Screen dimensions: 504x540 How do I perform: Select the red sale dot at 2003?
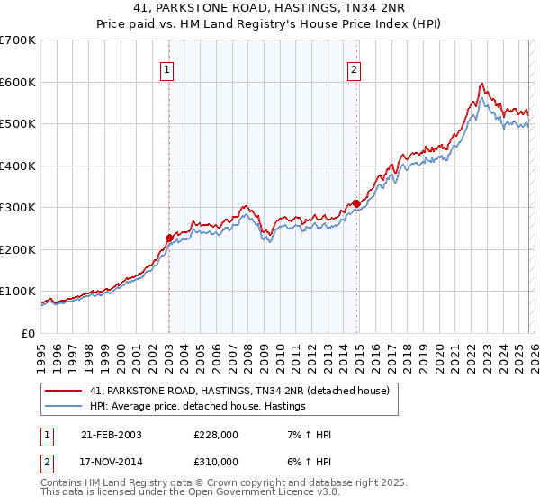tap(169, 238)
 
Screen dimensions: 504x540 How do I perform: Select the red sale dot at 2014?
tap(356, 203)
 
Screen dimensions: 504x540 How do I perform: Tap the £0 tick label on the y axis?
tap(29, 333)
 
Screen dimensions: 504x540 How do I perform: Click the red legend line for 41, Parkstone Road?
tap(64, 391)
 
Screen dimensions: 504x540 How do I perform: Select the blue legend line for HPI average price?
tap(64, 407)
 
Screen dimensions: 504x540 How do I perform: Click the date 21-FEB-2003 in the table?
tap(111, 435)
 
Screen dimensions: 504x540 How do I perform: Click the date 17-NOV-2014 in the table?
tap(111, 461)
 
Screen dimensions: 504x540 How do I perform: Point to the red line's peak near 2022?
tap(482, 84)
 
